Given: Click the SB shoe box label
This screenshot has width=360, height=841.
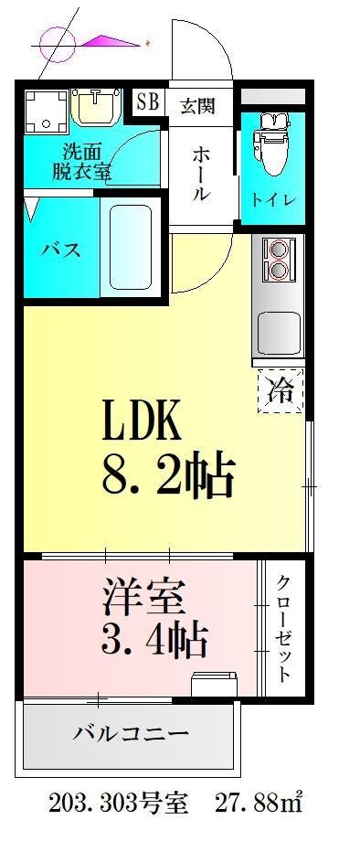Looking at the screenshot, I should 147,102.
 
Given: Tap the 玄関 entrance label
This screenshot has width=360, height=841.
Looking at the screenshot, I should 196,106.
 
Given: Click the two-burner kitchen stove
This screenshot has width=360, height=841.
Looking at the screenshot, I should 277,258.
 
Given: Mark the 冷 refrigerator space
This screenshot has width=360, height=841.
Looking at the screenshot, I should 281,391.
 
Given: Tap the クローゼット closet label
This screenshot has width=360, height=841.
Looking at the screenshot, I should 284,629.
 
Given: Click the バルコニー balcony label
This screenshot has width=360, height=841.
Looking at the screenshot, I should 130,732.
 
